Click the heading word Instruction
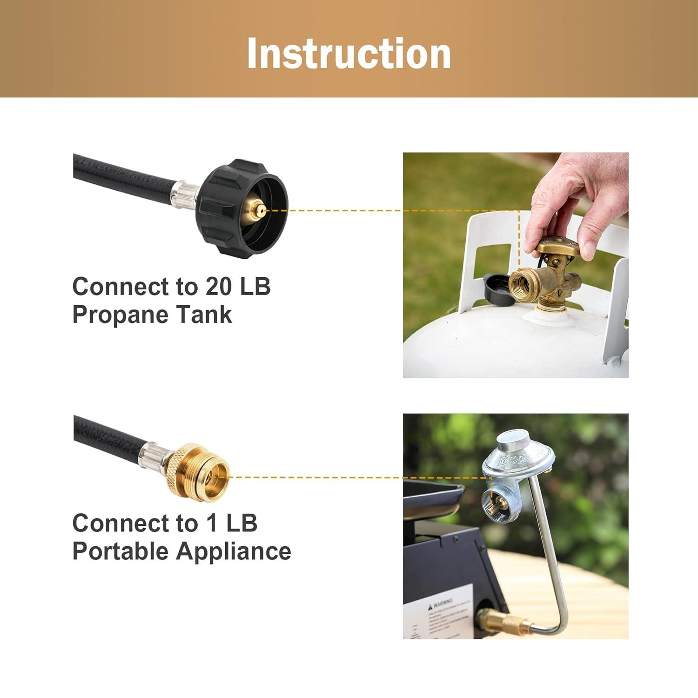tap(349, 54)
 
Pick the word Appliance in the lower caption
tap(234, 551)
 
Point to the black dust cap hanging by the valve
tap(497, 289)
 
